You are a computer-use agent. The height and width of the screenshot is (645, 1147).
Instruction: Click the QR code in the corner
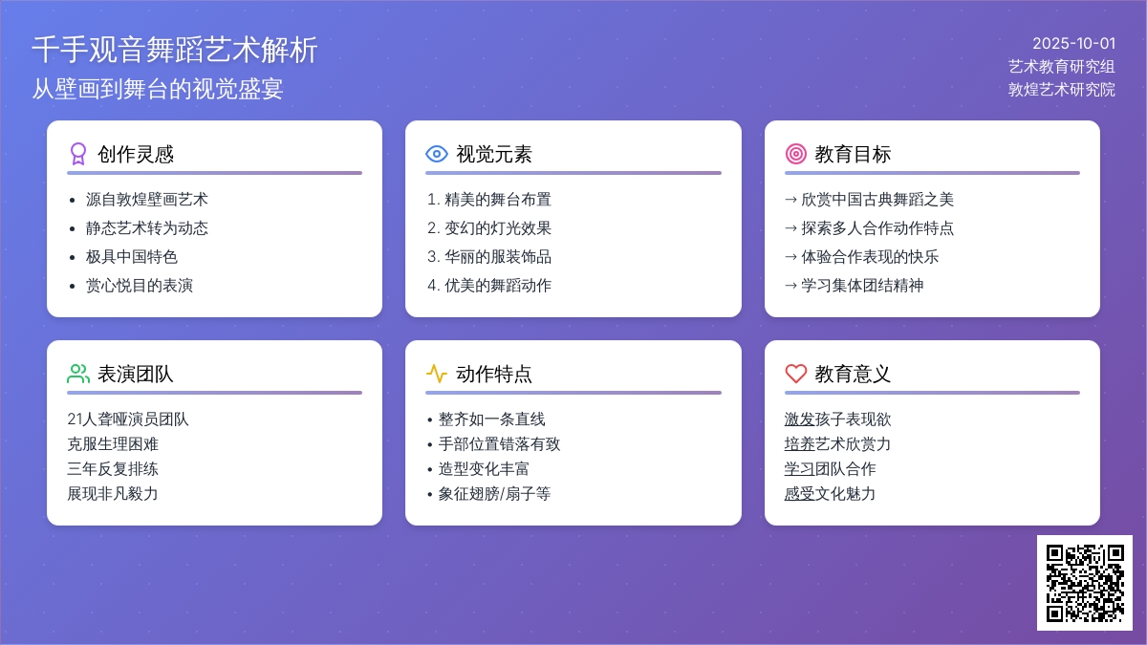point(1085,583)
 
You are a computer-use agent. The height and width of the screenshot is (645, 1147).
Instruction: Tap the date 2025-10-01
point(1073,44)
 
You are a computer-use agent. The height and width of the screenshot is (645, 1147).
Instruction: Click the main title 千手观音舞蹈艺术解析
point(175,50)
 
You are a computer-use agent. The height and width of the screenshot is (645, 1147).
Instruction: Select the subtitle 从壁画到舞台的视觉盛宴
point(157,89)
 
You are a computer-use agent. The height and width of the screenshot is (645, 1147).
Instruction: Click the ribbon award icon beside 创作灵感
point(77,154)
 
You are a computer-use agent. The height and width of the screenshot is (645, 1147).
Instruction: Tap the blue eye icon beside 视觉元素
point(437,154)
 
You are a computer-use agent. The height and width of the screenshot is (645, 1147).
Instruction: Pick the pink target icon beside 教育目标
point(795,154)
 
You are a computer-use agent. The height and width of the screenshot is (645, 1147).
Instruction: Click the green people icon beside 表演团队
point(78,374)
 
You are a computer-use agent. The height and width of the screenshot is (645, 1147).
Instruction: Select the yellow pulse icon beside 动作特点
point(437,374)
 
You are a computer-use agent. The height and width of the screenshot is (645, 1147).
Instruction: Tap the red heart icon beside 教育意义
point(795,374)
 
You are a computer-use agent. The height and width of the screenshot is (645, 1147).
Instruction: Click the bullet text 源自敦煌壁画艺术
point(146,200)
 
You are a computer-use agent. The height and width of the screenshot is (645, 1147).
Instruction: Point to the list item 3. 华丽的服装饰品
point(489,257)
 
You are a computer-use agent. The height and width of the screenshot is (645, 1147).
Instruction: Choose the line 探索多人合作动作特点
point(877,228)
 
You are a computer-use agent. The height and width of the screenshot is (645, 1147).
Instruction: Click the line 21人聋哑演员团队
point(128,419)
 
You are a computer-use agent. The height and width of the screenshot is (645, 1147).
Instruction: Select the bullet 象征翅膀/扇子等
point(494,494)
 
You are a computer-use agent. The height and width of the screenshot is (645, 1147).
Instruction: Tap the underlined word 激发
point(799,419)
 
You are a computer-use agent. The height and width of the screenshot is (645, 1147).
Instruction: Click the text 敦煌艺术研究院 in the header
point(1062,90)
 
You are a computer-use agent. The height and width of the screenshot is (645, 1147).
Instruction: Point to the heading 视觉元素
point(494,154)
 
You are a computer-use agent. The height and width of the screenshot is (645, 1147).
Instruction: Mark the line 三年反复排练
point(113,469)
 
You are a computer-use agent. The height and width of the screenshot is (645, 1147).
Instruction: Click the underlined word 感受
point(799,494)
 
